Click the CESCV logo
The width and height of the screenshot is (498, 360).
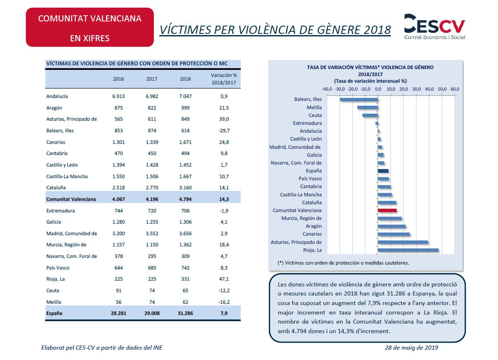point(434,27)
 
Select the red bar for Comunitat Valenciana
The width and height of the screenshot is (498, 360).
point(387,210)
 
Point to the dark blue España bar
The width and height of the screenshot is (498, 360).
point(383,171)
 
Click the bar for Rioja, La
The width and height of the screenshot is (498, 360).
point(408,250)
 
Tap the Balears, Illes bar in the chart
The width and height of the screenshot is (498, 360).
point(359,100)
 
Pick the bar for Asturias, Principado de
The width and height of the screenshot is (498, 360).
point(403,242)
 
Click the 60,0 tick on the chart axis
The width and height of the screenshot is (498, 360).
point(455,89)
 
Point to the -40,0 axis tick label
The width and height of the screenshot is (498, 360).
point(327,89)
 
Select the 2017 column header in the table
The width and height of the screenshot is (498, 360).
point(152,79)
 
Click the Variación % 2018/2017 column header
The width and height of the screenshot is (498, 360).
point(224,79)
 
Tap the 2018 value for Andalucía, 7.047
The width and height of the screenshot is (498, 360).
point(185,96)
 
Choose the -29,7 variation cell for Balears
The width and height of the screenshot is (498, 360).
point(224,131)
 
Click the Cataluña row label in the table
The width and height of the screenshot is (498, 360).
point(56,188)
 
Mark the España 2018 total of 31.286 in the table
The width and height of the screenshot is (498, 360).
point(185,313)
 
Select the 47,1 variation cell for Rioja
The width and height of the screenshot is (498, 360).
point(224,279)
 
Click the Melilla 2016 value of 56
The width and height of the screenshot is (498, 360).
point(118,302)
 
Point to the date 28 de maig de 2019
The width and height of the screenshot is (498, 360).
point(411,348)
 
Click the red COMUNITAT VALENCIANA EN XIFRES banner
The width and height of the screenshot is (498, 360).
point(90,27)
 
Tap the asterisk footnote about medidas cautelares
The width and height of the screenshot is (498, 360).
point(343,263)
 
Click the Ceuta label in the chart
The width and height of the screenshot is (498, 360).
point(315,115)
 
